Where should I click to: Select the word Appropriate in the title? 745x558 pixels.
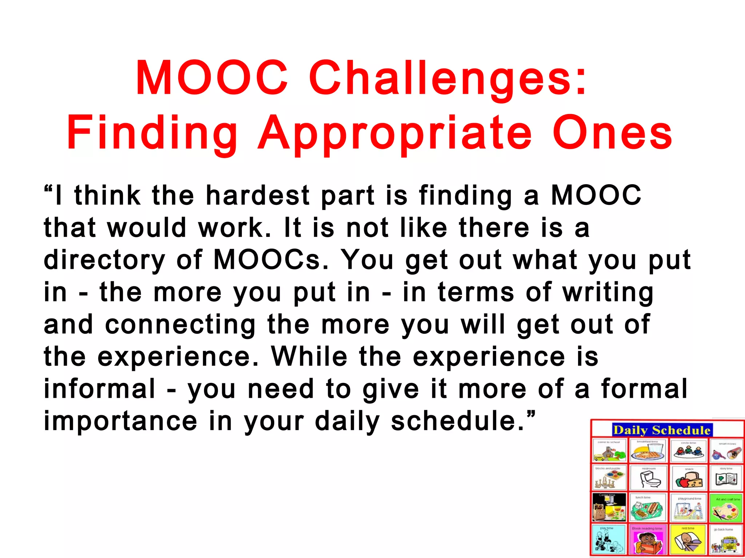tap(394, 134)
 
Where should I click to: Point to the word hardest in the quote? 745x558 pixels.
tap(258, 195)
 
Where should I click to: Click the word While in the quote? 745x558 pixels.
tap(309, 356)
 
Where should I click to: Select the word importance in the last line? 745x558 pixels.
tap(120, 421)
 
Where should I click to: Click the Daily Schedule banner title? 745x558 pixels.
tap(662, 430)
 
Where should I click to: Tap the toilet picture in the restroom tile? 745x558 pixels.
tap(649, 481)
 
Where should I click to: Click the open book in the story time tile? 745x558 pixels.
tap(726, 480)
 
